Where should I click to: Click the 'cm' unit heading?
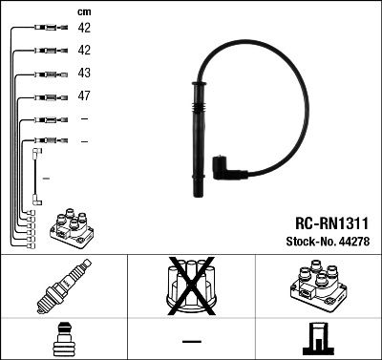[x=85, y=11]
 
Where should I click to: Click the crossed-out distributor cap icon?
[x=190, y=289]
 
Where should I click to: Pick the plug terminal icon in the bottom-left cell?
[x=63, y=340]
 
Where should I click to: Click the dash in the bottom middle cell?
[x=191, y=341]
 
